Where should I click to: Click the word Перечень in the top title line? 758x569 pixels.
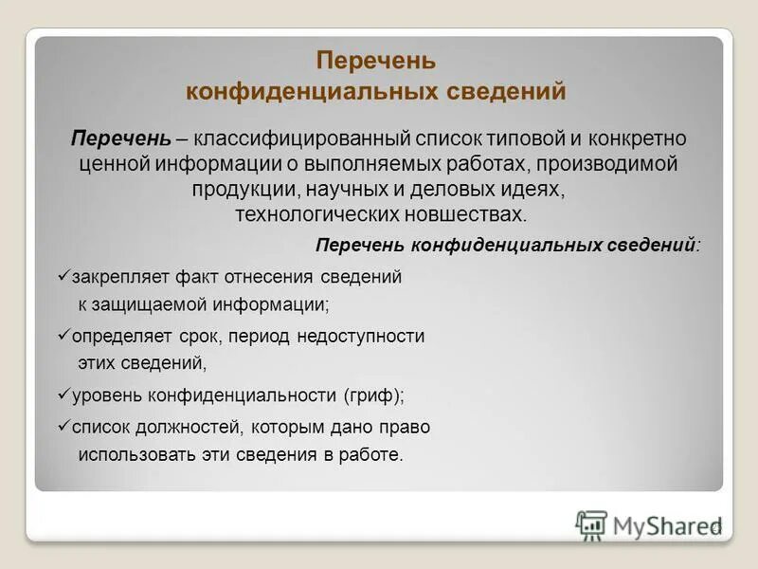click(x=376, y=61)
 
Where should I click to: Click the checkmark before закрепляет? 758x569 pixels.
click(x=63, y=277)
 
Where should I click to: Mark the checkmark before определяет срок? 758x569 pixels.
click(x=63, y=336)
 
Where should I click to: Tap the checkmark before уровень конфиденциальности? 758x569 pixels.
click(x=63, y=394)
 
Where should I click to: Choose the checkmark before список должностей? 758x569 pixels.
click(x=63, y=427)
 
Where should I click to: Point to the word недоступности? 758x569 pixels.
click(x=360, y=337)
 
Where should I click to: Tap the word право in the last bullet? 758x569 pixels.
click(x=405, y=428)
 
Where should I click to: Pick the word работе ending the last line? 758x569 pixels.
click(x=374, y=454)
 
